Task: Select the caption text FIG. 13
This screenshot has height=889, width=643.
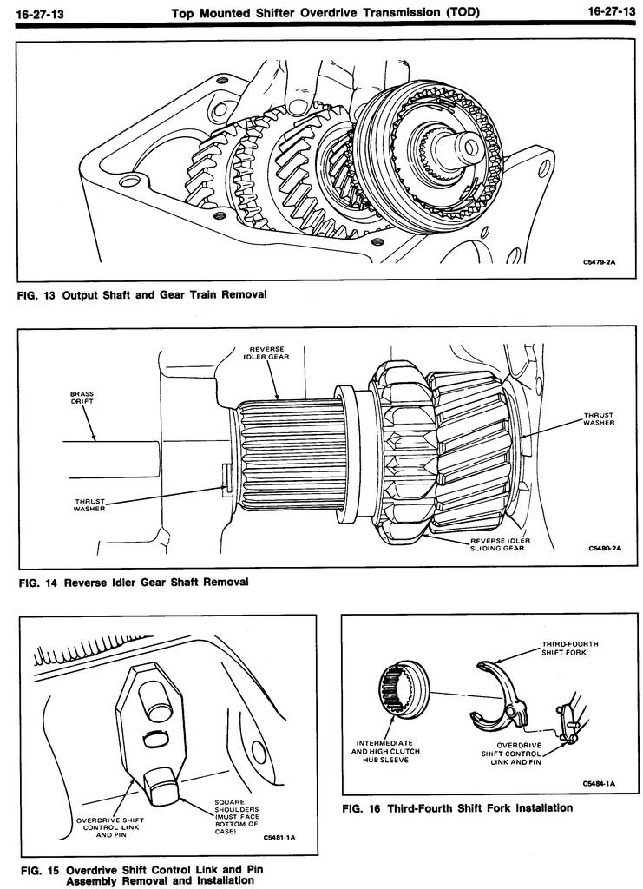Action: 36,294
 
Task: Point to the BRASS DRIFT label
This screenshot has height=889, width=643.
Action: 82,398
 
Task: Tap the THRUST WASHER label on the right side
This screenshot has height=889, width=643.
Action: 599,418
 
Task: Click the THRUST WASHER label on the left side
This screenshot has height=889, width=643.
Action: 89,505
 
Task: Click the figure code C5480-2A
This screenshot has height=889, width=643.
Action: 605,549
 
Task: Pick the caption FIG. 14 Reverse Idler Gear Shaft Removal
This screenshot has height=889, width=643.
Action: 134,582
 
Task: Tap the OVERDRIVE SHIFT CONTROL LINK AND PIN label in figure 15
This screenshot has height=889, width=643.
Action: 109,826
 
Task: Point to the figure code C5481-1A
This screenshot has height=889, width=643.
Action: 279,839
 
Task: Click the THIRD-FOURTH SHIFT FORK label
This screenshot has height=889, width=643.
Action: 570,648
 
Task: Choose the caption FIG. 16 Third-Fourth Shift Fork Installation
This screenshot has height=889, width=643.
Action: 457,808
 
